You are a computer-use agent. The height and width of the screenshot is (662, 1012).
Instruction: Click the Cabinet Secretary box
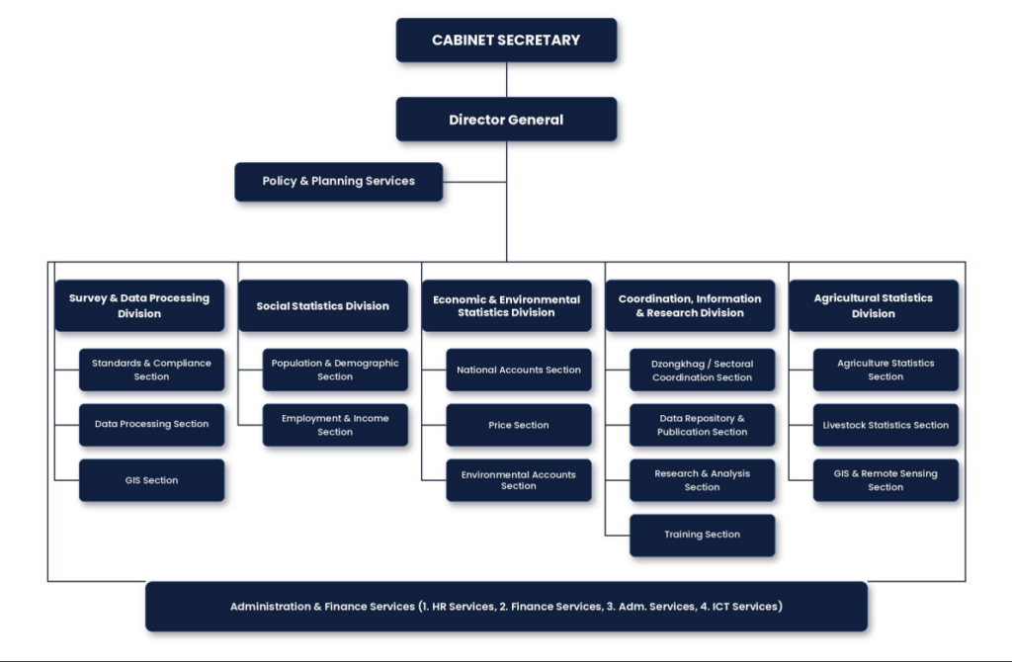point(507,40)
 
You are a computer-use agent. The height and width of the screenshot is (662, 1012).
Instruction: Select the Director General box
point(507,120)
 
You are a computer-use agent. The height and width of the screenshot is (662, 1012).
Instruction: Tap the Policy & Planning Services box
point(339,181)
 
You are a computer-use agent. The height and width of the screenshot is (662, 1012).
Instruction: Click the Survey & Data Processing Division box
point(139,306)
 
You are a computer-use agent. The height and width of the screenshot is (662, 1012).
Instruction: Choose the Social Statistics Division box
point(323,306)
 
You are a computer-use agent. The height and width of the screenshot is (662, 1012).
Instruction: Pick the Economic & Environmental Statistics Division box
point(507,306)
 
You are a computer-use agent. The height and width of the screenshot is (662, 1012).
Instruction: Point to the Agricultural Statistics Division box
point(874,306)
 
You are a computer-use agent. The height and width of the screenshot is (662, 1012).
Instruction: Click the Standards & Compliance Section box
point(151,370)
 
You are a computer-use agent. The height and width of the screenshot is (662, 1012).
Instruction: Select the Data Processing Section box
point(151,425)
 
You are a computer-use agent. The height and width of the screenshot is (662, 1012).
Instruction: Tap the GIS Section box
point(151,480)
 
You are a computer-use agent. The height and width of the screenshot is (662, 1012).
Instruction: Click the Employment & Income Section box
point(335,425)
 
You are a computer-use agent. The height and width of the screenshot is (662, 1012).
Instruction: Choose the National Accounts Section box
point(519,370)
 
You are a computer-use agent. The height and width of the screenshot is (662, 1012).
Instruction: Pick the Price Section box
point(519,425)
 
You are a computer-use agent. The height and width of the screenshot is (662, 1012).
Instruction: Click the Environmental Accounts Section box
point(519,480)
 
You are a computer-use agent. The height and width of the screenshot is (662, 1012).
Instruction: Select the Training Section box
point(703,535)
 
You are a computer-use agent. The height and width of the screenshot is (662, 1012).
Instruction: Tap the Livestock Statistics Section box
point(885,425)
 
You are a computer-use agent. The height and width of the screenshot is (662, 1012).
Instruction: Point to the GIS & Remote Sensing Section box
point(885,480)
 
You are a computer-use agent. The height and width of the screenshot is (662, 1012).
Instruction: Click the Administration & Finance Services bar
point(507,607)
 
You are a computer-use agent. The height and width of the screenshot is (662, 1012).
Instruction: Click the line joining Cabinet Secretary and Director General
point(507,80)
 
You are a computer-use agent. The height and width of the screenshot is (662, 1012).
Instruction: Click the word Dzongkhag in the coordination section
point(678,365)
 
